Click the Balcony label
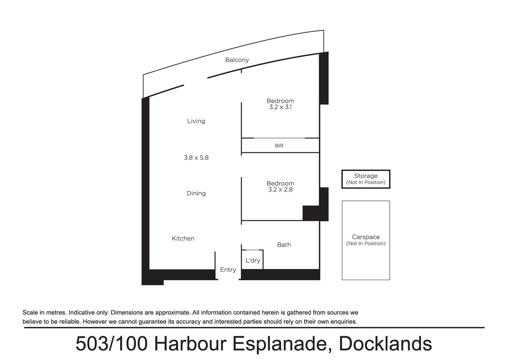237,60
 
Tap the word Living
196,121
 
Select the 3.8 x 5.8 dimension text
196,158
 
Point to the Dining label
196,193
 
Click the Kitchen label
183,238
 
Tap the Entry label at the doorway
228,270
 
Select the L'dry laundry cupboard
253,259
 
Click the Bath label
284,245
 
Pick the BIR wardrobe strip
280,145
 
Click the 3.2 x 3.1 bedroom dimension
280,107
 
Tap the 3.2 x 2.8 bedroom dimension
280,190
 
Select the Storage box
366,179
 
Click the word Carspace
366,237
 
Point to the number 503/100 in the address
112,344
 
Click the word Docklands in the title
385,344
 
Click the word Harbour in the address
191,344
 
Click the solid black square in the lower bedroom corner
311,213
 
